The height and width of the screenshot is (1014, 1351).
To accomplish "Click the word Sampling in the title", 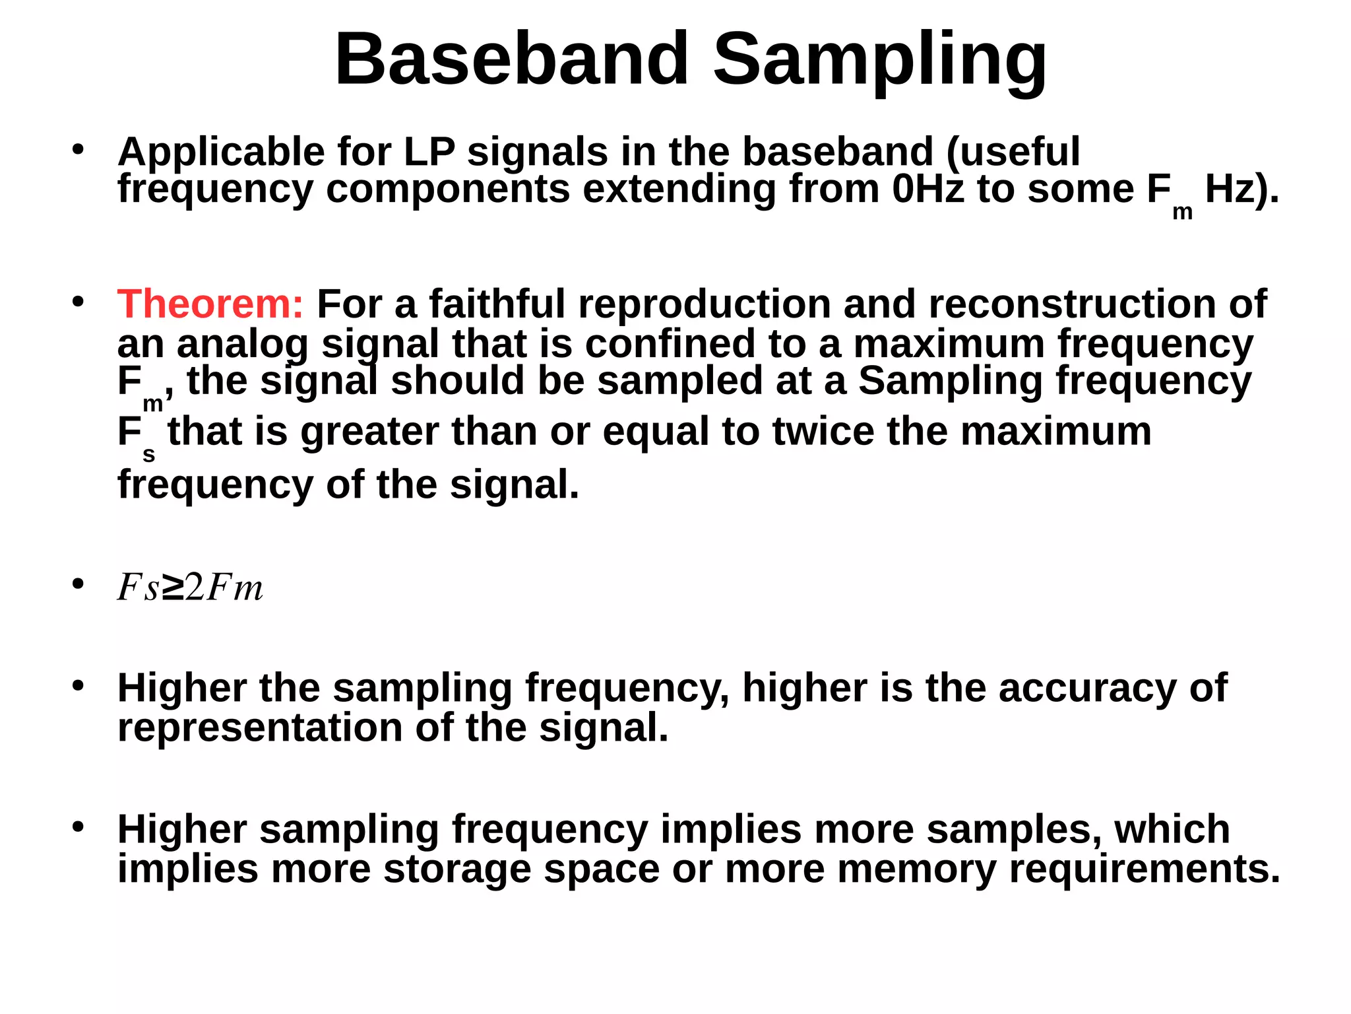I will coord(879,61).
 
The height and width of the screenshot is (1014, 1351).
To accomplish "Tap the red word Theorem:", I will coord(210,304).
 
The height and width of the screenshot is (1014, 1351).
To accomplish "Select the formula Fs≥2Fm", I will coord(190,587).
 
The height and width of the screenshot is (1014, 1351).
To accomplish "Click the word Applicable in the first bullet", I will coord(221,152).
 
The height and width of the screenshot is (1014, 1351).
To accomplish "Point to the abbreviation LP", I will coord(429,152).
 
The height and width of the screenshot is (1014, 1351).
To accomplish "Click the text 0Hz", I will coord(928,189).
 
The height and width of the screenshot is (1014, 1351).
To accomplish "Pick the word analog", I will coord(242,345).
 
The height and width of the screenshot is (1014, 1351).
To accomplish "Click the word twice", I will coord(823,432).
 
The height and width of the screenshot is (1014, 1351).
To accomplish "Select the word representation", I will coord(260,728).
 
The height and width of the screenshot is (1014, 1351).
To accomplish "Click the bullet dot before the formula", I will coord(79,584).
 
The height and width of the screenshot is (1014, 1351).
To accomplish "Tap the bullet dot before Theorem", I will coord(79,302).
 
